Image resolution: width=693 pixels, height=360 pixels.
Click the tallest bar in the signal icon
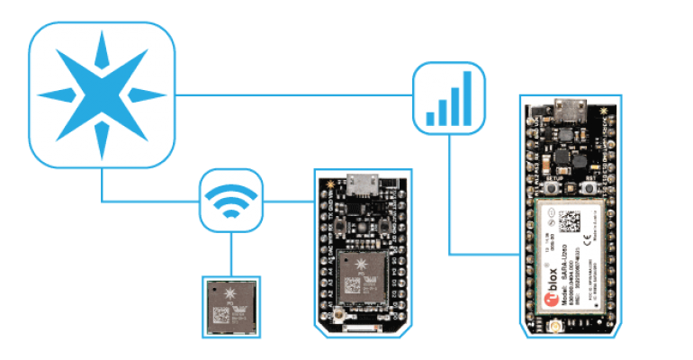[466, 94]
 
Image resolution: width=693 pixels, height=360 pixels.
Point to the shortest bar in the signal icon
[430, 118]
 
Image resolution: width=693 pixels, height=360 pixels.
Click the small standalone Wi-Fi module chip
[231, 306]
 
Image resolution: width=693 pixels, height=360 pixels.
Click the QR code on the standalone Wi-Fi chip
[220, 315]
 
